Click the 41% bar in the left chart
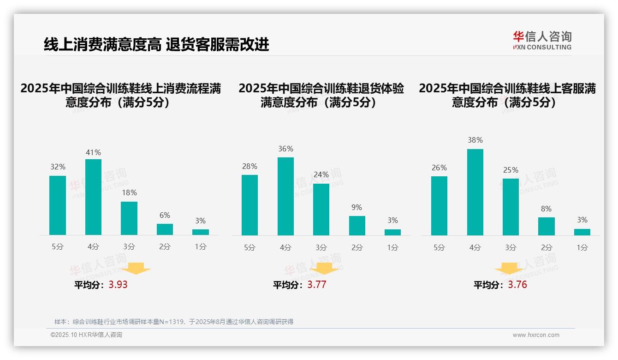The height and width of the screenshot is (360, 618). [93, 197]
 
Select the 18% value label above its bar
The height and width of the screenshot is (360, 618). [129, 193]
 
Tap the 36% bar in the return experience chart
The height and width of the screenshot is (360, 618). [285, 196]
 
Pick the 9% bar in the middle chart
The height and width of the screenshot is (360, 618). [357, 226]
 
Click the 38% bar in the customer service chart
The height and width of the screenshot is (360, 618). [475, 192]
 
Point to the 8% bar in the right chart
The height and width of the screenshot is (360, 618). [547, 226]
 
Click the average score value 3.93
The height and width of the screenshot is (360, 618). [118, 285]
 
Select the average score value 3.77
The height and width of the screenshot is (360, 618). [317, 285]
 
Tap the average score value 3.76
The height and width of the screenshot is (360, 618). [517, 285]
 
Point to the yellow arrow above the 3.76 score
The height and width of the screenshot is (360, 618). [509, 269]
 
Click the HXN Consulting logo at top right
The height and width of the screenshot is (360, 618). [542, 40]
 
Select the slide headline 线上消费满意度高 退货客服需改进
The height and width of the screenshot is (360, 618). [156, 45]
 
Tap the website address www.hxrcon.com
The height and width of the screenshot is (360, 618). [535, 335]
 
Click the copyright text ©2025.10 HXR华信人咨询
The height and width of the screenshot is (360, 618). [86, 335]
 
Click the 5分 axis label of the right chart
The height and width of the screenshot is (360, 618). [439, 247]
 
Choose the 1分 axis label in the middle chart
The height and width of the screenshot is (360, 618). [392, 247]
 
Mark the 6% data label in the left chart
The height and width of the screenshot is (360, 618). [165, 215]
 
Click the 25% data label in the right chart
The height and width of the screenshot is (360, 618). [511, 170]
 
